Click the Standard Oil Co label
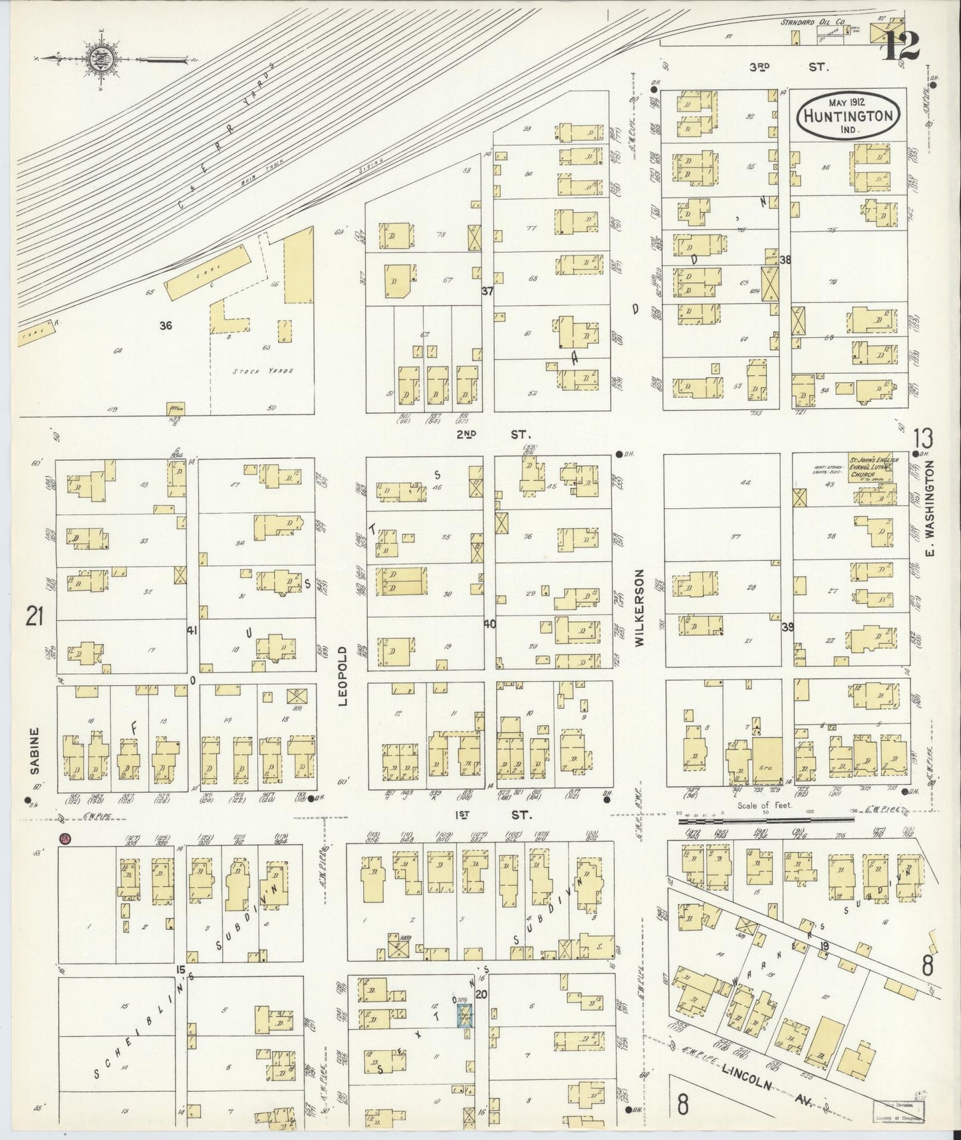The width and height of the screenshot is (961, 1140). [812, 23]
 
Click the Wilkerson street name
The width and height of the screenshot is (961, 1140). [639, 607]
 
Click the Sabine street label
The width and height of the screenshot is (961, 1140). [35, 750]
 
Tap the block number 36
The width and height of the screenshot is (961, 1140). [166, 326]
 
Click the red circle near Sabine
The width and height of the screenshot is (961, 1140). [65, 839]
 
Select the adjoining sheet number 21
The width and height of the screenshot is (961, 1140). [34, 618]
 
